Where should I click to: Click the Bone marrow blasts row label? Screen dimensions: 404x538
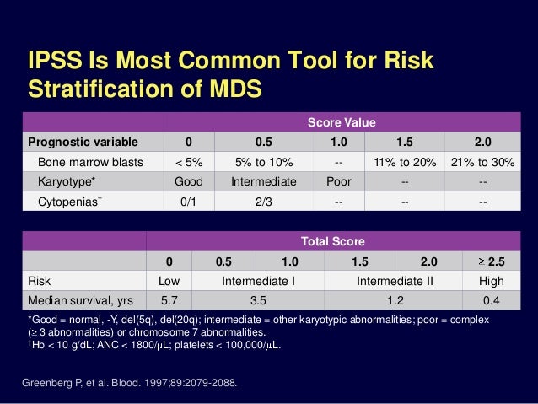click(87, 161)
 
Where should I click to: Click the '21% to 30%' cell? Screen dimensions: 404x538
click(482, 161)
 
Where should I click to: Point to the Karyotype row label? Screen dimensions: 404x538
click(67, 181)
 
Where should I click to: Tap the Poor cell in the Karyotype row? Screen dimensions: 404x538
click(336, 181)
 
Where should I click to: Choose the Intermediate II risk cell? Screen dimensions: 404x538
click(396, 281)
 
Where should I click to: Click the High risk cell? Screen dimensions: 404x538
click(491, 281)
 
